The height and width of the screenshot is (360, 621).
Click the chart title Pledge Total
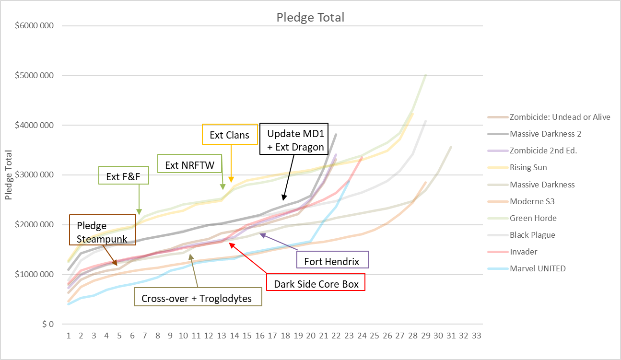pos(310,18)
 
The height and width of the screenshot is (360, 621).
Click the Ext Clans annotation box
pos(229,135)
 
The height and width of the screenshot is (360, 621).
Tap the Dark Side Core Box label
pos(316,284)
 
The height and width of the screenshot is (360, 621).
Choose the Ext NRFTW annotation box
pos(189,165)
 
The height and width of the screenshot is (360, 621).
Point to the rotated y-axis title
pos(9,174)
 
